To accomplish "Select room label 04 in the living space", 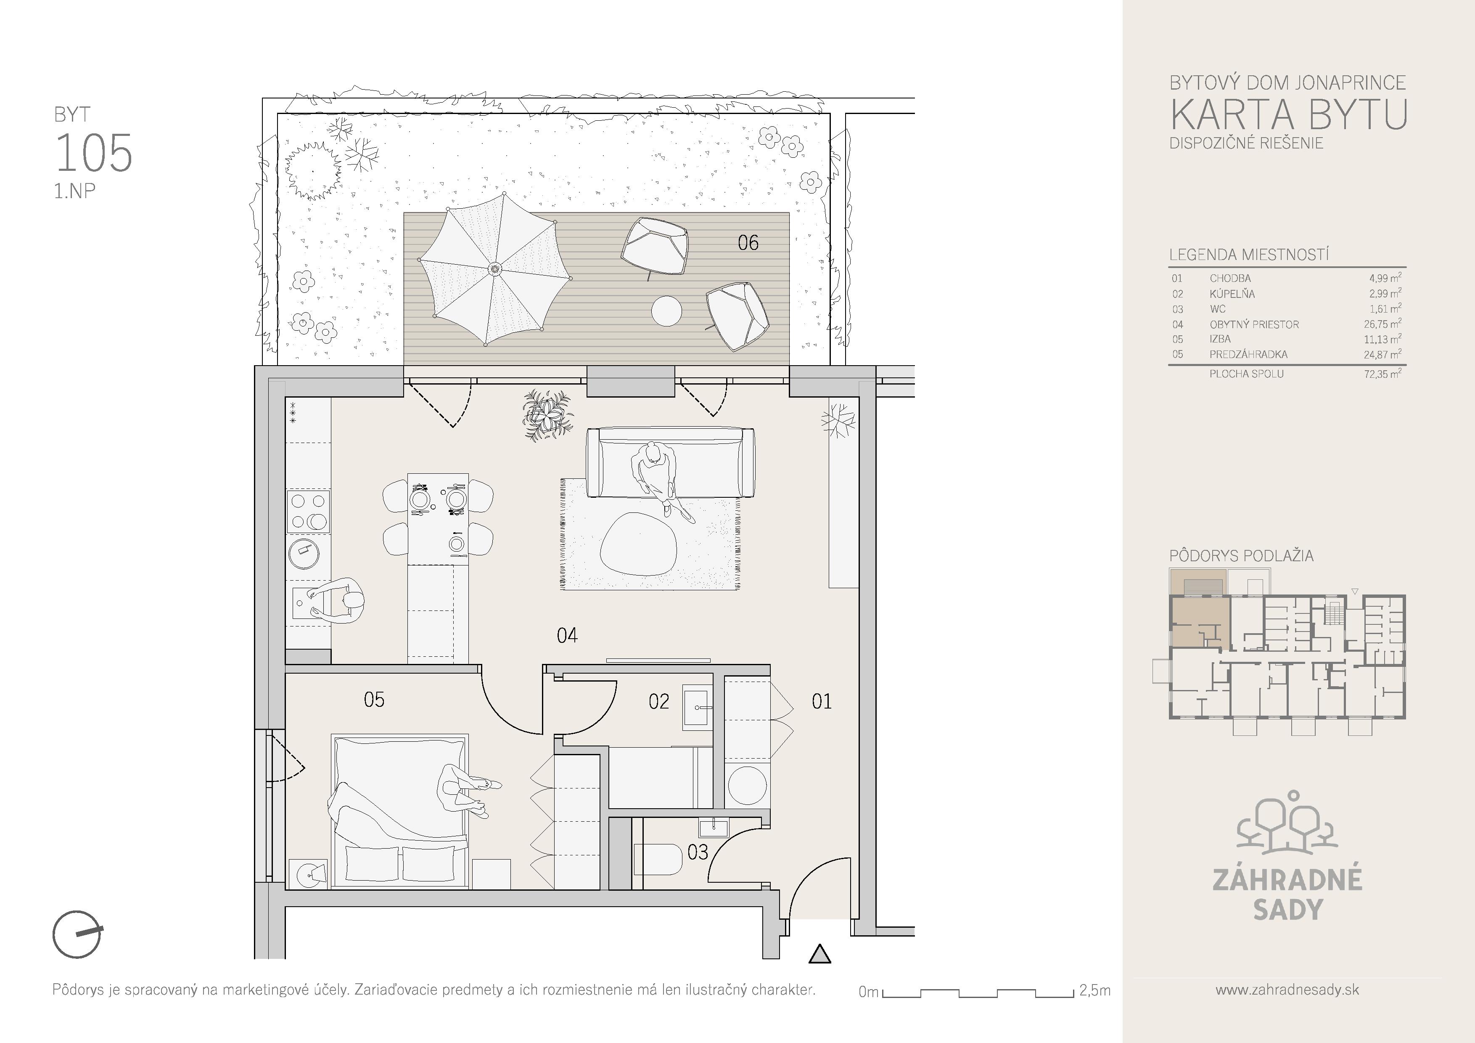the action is point(567,636).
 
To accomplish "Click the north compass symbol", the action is point(77,934).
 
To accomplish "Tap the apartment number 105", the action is point(94,154).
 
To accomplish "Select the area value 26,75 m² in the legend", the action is point(1382,324).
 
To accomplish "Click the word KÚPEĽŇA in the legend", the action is point(1232,294).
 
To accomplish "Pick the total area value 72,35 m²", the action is point(1382,373).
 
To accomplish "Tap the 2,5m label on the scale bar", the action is point(1094,990).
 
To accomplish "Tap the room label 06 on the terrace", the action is point(748,243).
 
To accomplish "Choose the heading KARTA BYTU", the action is point(1288,114).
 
